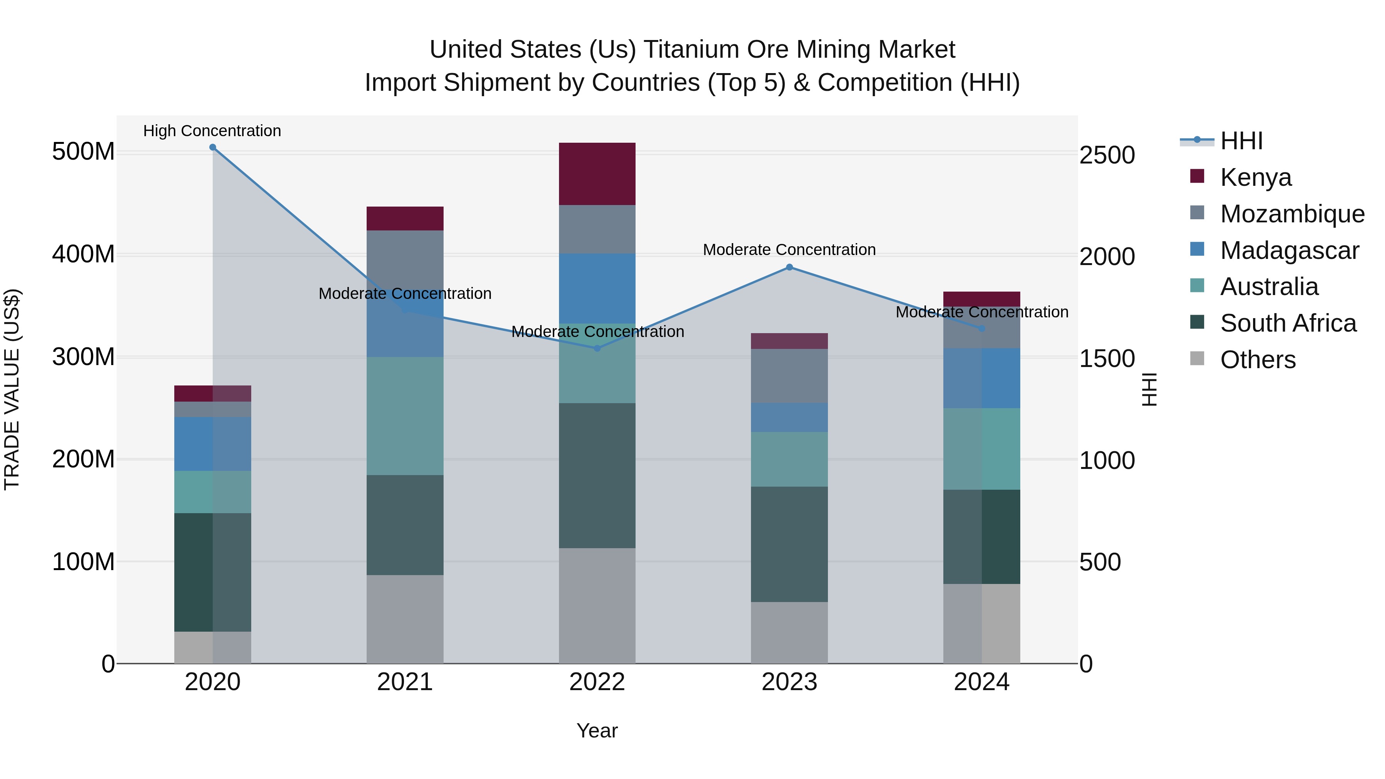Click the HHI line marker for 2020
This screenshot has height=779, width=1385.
pos(212,147)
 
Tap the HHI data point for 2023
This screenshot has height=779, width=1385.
pos(789,267)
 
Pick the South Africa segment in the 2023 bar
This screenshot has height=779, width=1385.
pos(789,544)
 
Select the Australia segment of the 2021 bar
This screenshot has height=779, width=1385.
pos(405,415)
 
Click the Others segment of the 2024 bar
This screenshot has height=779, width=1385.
pos(982,624)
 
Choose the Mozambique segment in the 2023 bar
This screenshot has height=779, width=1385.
pos(789,376)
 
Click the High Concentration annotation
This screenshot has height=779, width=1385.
pos(212,131)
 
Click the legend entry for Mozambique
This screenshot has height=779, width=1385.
pos(1292,214)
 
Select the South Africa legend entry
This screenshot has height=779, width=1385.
pos(1288,323)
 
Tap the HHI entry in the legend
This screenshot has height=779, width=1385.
pos(1241,141)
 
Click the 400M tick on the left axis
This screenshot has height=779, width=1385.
pos(83,254)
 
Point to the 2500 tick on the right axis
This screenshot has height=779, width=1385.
pos(1107,155)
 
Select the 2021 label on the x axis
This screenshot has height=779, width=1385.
pos(405,682)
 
